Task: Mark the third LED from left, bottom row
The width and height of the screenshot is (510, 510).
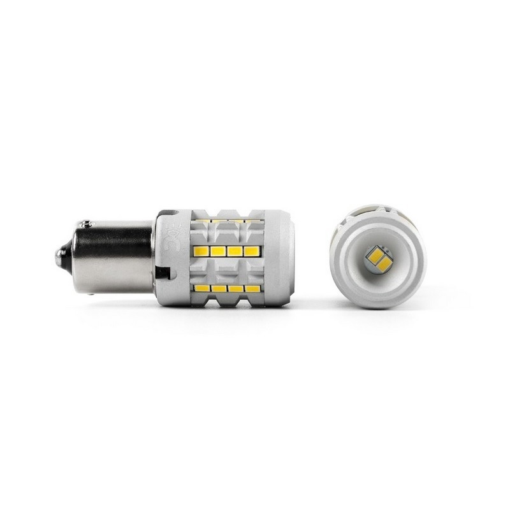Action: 237,289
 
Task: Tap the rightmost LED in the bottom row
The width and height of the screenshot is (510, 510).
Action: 252,289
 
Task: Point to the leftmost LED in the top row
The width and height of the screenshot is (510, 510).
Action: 202,221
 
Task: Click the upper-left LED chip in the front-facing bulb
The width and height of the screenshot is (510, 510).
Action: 372,254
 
